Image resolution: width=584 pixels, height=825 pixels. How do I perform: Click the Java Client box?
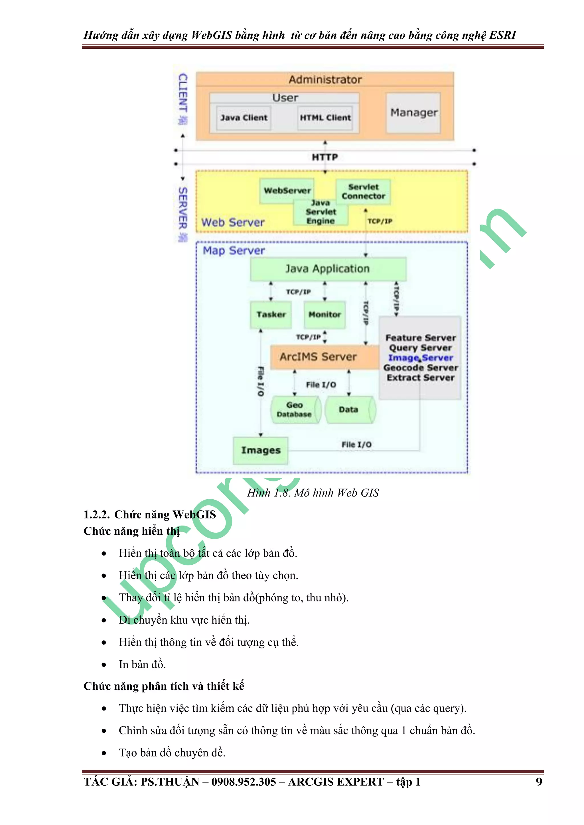(244, 118)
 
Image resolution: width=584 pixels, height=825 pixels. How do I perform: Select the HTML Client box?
(325, 118)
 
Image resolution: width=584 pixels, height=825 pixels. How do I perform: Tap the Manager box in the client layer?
(413, 113)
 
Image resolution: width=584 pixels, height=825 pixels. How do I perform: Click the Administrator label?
(325, 79)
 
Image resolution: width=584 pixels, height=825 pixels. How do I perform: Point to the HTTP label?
(325, 157)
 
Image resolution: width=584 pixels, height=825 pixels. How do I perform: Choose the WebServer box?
(287, 191)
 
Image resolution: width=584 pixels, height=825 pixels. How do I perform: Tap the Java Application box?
(328, 269)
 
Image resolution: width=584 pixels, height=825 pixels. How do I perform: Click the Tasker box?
(271, 315)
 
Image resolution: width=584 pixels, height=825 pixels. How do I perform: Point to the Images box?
(261, 450)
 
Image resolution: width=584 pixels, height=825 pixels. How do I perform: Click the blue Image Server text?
(420, 358)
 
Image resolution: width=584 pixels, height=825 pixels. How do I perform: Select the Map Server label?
(234, 250)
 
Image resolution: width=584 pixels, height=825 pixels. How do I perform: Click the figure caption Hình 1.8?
(313, 493)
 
